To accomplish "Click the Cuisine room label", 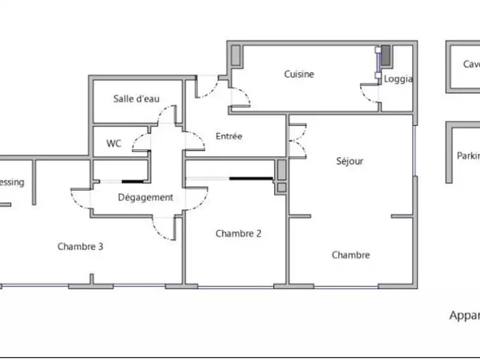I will click(x=299, y=74).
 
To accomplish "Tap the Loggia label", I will click(x=398, y=79).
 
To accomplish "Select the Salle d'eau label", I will click(x=136, y=99).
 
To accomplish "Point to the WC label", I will click(x=114, y=143).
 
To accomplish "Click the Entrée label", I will click(x=229, y=136).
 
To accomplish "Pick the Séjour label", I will click(x=350, y=161).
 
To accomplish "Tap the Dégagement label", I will click(x=145, y=197).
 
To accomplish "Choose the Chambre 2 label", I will click(x=238, y=233).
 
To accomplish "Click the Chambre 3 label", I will click(x=80, y=246).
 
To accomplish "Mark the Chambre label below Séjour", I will click(x=351, y=255).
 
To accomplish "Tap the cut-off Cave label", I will click(x=471, y=64).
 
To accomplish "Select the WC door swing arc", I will click(x=140, y=142).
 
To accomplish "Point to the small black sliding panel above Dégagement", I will click(x=134, y=181).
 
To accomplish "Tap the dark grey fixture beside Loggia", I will click(x=386, y=55).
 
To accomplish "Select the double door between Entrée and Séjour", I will click(x=298, y=140).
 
